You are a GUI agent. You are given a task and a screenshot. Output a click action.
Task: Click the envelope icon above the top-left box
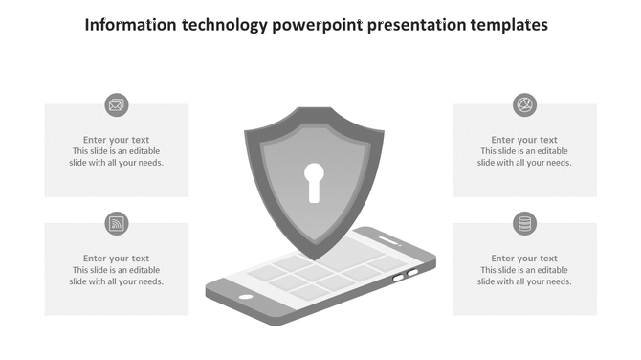pos(117,105)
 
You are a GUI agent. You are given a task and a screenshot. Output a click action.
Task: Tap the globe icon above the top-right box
pos(524,105)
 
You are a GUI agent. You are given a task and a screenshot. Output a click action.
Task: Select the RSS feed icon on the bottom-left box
pos(117,224)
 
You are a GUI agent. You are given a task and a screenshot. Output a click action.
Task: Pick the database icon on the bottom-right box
pos(524,224)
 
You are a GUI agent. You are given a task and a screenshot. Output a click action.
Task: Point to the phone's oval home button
pos(246,296)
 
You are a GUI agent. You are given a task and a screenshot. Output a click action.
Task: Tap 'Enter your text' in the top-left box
pos(117,140)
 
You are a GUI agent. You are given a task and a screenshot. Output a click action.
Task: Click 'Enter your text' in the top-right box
pos(524,140)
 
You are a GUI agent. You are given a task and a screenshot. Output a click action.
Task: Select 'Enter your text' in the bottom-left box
pos(117,259)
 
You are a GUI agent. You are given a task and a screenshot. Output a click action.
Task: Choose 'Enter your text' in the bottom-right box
pos(524,259)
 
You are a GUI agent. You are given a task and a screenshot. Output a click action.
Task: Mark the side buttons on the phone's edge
pos(406,276)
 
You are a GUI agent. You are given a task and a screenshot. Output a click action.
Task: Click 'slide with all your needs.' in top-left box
pos(117,163)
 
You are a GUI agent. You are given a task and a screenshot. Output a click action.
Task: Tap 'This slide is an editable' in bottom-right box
pos(524,270)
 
